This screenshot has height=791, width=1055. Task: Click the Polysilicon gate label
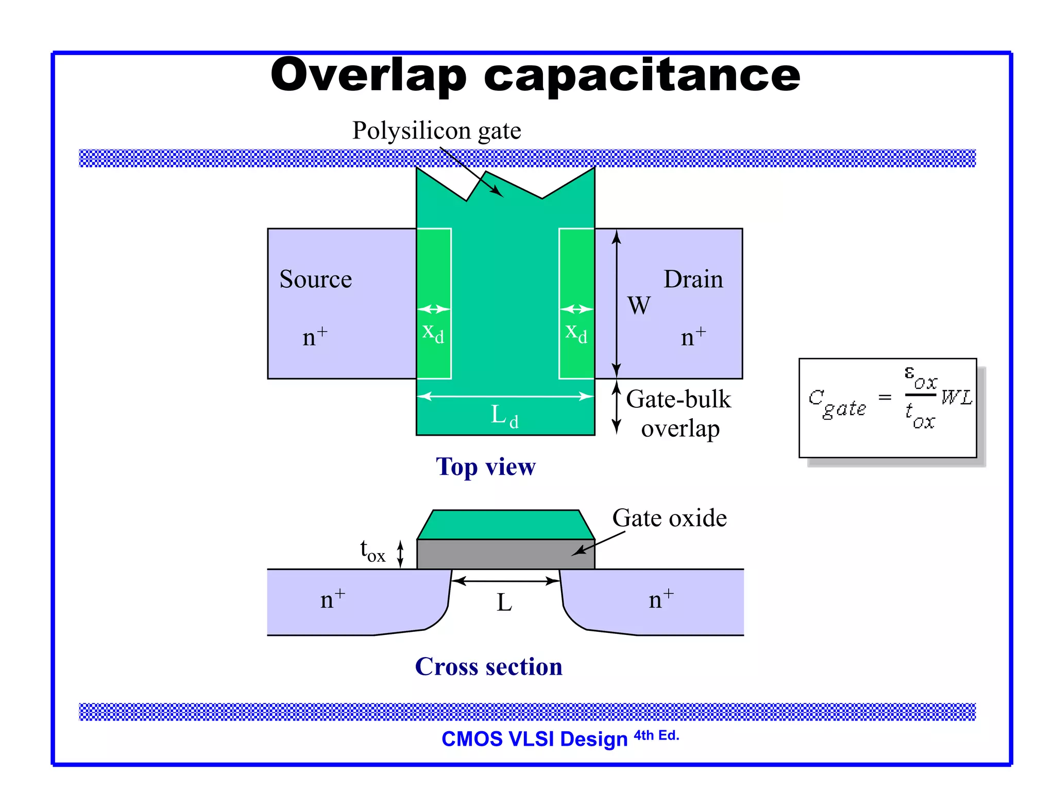436,130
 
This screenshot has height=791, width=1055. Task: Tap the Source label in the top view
315,279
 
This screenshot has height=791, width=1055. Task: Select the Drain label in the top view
693,279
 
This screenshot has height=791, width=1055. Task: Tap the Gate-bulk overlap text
678,414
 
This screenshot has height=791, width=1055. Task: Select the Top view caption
485,467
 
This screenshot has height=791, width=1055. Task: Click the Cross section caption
488,666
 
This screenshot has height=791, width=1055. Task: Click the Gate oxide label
669,518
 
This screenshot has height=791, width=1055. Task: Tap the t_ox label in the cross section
372,551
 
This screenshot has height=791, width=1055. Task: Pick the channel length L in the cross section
504,602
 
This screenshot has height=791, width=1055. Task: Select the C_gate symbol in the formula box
837,403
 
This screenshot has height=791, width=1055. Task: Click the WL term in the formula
957,397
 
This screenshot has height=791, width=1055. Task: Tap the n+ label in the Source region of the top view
314,337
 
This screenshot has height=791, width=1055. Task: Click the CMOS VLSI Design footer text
534,739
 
